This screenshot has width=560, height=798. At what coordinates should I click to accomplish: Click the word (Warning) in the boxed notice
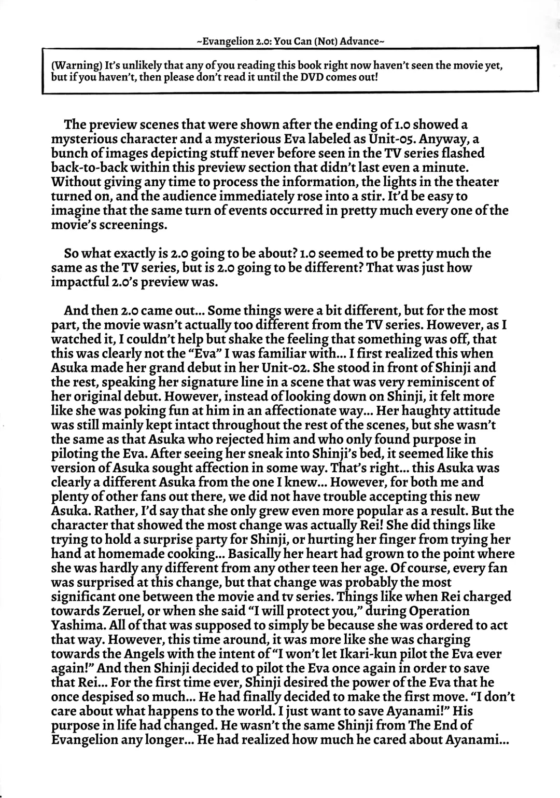76,66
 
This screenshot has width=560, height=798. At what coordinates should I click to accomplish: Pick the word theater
471,182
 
